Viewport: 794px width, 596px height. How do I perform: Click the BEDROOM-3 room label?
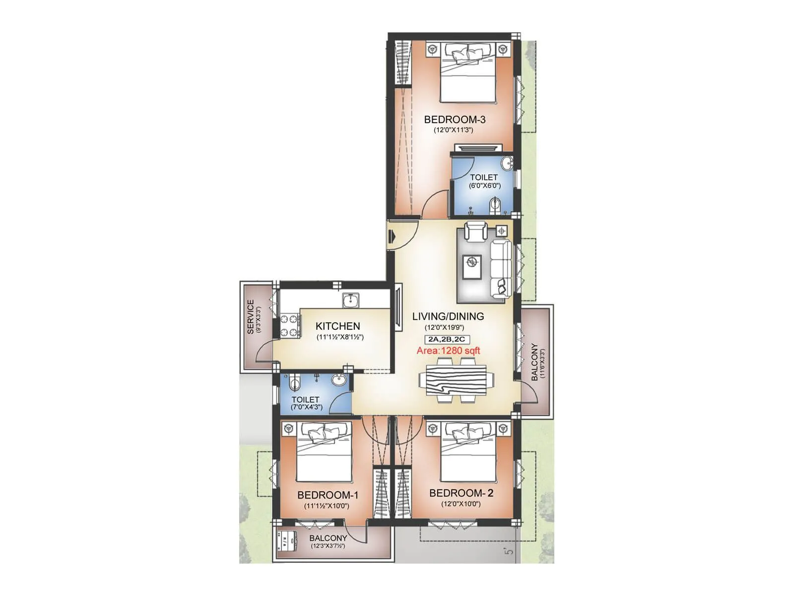pyautogui.click(x=455, y=119)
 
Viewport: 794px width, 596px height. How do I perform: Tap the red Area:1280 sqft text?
pyautogui.click(x=448, y=351)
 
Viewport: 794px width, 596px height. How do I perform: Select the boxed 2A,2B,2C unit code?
pyautogui.click(x=447, y=340)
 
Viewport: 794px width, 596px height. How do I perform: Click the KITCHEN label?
pyautogui.click(x=338, y=326)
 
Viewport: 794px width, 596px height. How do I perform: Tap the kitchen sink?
pyautogui.click(x=351, y=300)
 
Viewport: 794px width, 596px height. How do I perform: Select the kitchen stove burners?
pyautogui.click(x=290, y=325)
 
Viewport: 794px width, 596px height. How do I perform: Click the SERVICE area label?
pyautogui.click(x=251, y=316)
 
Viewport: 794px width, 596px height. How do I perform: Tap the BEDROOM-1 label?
pyautogui.click(x=328, y=495)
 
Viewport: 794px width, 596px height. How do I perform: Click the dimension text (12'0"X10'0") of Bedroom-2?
pyautogui.click(x=461, y=504)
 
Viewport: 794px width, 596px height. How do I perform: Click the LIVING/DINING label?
pyautogui.click(x=448, y=316)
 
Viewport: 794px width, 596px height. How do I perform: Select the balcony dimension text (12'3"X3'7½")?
pyautogui.click(x=328, y=546)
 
